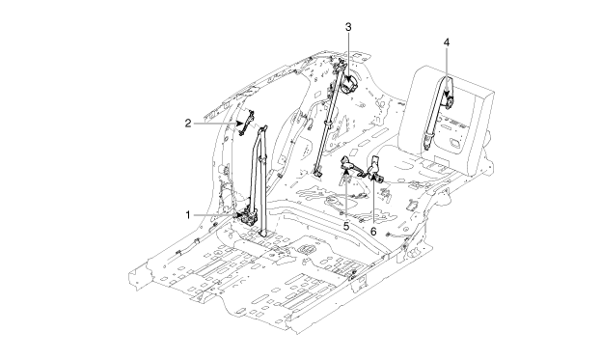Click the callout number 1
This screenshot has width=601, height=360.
point(188,215)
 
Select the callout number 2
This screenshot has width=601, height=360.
point(188,124)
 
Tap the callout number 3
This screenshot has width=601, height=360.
point(348,27)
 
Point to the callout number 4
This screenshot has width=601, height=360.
point(446,42)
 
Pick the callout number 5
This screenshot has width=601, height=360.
point(346,226)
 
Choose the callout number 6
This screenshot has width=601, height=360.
point(373,232)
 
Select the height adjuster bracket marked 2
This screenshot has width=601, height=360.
point(246,123)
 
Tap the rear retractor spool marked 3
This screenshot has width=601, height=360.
point(349,85)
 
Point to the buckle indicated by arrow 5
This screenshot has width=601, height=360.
point(349,164)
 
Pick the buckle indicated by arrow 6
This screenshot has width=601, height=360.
point(373,169)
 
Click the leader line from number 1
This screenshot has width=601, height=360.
point(216,215)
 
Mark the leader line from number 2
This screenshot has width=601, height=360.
point(217,124)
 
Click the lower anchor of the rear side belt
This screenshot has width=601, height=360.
point(317,172)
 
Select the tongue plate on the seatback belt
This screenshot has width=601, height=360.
point(427,141)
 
